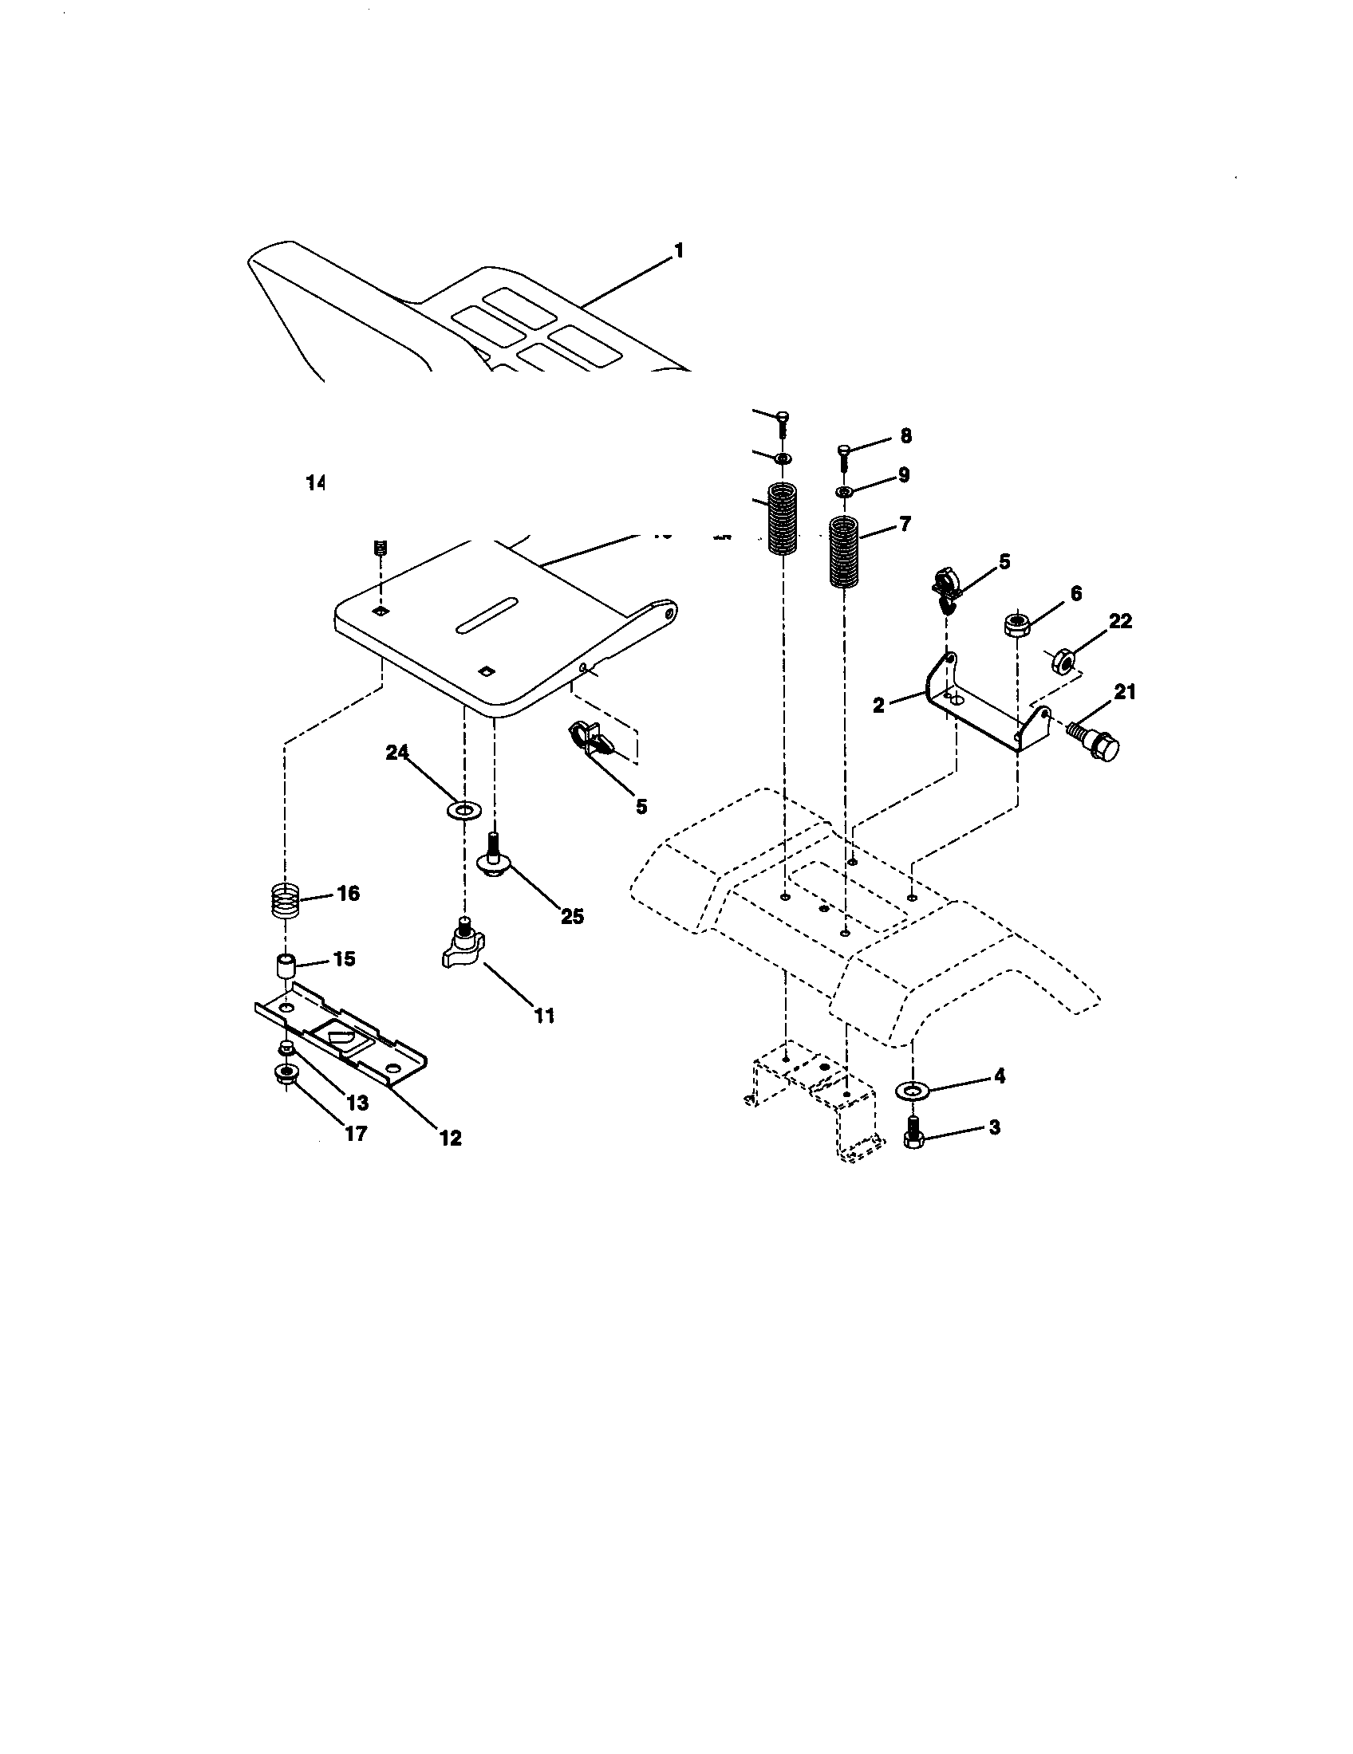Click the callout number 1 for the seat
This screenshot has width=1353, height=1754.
click(678, 251)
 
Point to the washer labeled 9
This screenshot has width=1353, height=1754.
click(843, 490)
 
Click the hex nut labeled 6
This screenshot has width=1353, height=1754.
click(1017, 624)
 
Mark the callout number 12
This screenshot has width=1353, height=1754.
click(450, 1137)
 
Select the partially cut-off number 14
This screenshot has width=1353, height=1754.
click(314, 482)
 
